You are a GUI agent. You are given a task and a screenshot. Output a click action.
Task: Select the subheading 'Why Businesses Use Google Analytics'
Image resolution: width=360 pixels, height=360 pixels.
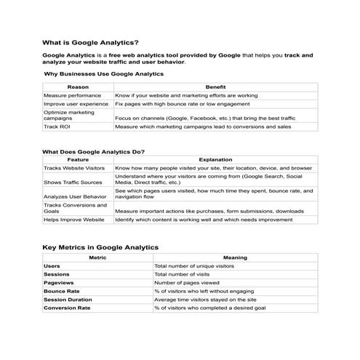(x=103, y=74)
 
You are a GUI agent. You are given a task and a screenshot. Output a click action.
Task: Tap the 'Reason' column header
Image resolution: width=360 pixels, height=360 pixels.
(x=78, y=87)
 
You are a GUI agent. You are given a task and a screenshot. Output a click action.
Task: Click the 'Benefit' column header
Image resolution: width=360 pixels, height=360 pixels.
(x=215, y=87)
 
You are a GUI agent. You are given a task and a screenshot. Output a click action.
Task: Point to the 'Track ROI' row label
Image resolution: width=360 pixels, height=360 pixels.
(x=56, y=127)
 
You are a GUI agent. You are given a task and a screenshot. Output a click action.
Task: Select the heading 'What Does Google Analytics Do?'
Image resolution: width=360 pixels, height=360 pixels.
(x=93, y=152)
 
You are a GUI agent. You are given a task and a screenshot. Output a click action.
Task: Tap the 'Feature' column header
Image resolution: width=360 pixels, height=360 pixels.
(x=78, y=159)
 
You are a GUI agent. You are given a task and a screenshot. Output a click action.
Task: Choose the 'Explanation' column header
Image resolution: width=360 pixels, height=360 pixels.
(x=215, y=159)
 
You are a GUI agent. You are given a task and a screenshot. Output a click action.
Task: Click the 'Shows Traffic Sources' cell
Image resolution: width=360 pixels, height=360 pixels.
(x=73, y=182)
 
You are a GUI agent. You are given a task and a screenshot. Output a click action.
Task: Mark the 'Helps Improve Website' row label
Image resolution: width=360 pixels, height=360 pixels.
(x=73, y=219)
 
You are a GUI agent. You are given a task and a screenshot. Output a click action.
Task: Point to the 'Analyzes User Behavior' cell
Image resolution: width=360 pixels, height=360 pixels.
(x=75, y=196)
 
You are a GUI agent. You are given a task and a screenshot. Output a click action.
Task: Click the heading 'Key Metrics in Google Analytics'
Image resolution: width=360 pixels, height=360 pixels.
(x=100, y=247)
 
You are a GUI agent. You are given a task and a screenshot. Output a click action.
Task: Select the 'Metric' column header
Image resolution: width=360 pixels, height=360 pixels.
(x=97, y=257)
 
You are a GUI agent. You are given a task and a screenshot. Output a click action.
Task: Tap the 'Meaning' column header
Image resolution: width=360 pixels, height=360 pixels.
(x=235, y=257)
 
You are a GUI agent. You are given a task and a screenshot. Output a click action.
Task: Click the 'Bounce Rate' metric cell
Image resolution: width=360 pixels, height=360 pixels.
(x=61, y=291)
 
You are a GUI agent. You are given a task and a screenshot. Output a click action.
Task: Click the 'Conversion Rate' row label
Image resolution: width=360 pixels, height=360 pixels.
(x=67, y=308)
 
